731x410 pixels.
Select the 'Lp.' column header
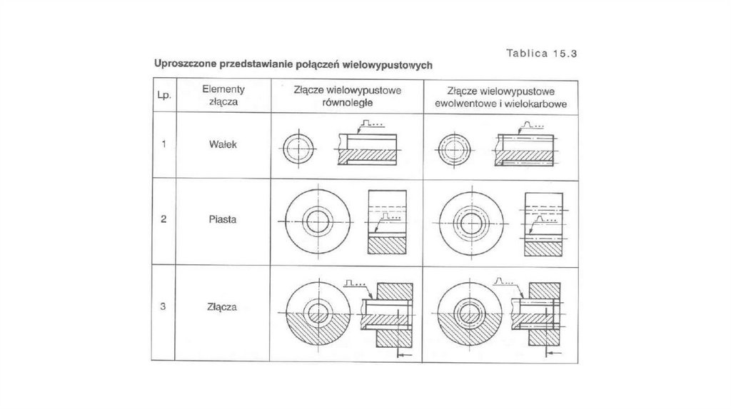163,96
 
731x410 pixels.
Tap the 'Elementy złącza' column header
223,96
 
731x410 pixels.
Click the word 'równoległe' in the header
348,103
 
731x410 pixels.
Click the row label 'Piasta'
223,220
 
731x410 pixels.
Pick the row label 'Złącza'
223,308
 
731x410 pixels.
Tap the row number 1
163,144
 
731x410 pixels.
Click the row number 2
163,220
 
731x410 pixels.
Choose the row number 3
163,308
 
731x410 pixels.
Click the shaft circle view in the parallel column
298,149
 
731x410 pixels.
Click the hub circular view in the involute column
470,221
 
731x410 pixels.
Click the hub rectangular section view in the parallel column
387,221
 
